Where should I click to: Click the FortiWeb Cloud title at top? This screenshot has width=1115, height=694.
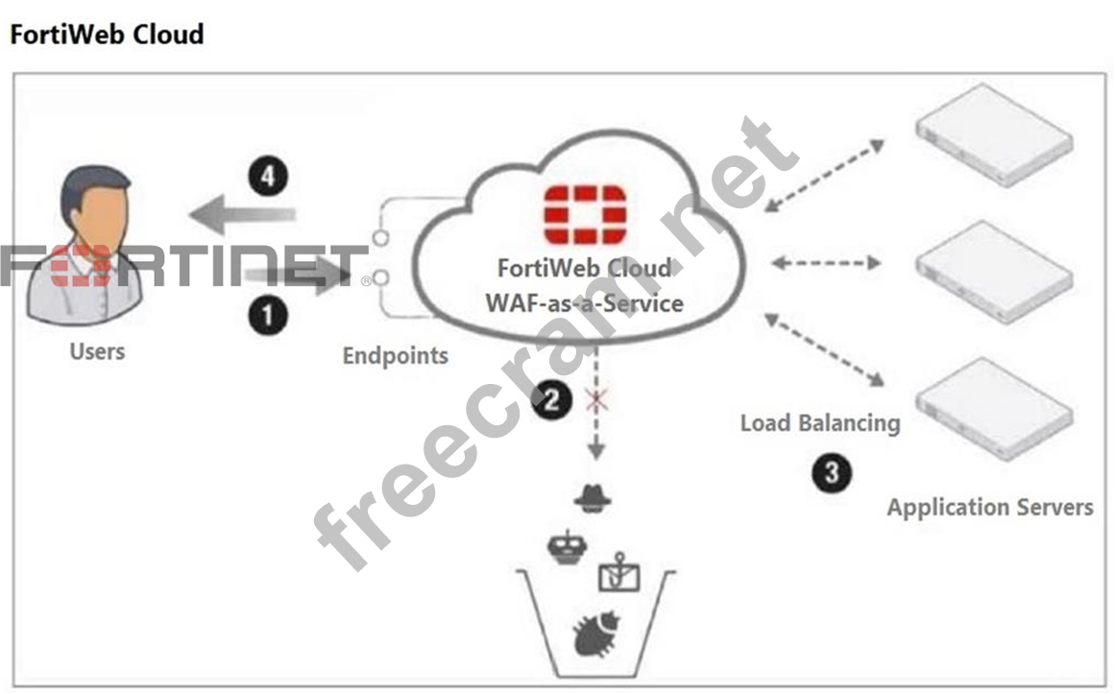click(x=107, y=36)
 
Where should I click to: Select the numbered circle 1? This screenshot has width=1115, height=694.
click(x=270, y=315)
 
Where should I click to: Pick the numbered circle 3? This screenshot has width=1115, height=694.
click(x=832, y=472)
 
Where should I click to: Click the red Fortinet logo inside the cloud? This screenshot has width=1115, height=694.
click(x=585, y=216)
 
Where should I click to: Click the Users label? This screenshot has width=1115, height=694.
click(x=97, y=351)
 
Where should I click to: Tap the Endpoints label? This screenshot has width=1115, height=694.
click(x=395, y=356)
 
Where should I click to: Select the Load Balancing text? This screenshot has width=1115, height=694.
click(x=820, y=422)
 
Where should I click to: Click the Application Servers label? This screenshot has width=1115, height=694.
click(x=989, y=507)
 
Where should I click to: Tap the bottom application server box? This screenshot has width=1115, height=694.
click(x=993, y=407)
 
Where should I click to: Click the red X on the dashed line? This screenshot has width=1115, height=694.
click(x=597, y=399)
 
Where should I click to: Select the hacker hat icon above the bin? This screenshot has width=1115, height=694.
click(x=592, y=498)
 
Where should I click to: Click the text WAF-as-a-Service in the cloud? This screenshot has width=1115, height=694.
click(x=585, y=302)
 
